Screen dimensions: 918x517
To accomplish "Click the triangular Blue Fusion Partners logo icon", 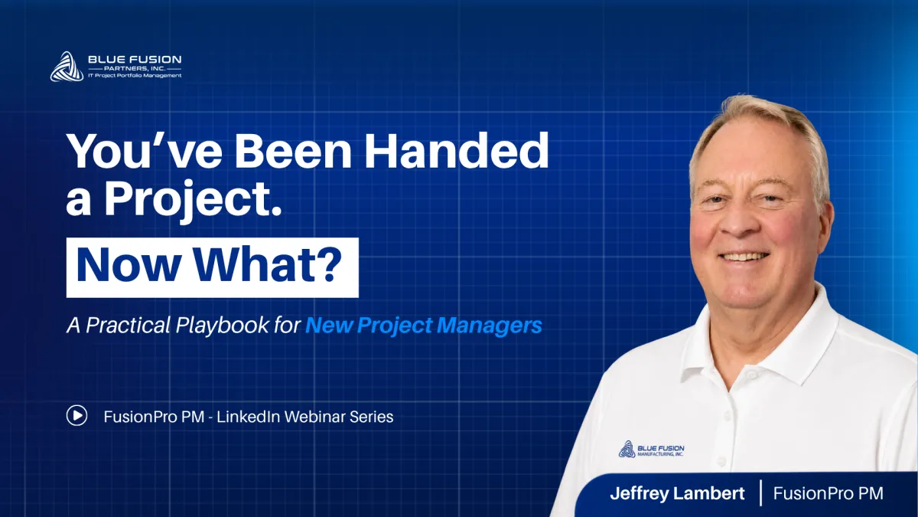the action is pos(67,67).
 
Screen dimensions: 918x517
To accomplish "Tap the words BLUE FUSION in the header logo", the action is pos(135,60).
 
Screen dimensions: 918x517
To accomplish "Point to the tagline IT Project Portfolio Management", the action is pos(135,76).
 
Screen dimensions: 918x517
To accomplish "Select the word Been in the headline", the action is pos(292,151).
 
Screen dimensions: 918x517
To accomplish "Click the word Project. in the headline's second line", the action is pos(194,199).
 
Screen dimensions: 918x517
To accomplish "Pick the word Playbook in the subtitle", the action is pos(222,326).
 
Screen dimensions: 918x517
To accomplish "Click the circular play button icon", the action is pos(76,416).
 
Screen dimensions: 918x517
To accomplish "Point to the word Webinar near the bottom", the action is pos(314,417).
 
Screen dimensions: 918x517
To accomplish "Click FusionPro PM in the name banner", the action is pos(828,493).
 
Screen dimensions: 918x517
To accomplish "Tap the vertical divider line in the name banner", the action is pos(761,492).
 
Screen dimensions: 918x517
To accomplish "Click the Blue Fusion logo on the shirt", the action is pos(651,449).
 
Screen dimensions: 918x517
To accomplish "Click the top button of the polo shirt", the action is pos(750,375).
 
